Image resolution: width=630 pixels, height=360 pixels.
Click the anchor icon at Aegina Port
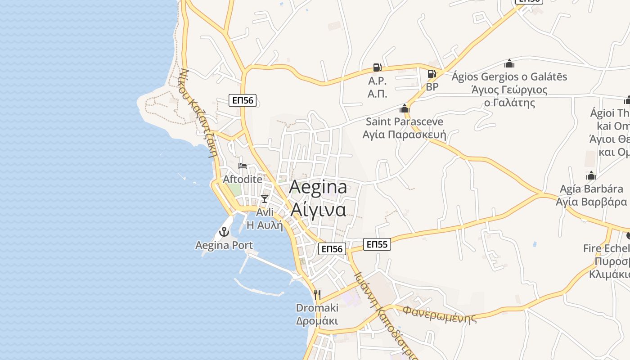tap(224, 232)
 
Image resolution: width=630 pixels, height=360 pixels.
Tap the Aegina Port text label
tap(224, 245)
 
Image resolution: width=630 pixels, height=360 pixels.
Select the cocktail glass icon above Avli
tap(265, 198)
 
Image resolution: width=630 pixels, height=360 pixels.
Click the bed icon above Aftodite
tap(243, 166)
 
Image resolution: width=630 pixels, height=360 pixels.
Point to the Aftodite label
tap(243, 179)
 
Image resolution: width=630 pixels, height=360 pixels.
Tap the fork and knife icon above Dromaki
tap(317, 295)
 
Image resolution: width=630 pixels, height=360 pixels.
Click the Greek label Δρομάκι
tap(317, 321)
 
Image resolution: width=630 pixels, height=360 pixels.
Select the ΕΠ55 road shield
tap(377, 244)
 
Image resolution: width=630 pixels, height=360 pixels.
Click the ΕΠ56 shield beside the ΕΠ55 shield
tap(332, 249)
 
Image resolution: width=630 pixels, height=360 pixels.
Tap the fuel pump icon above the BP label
tap(432, 73)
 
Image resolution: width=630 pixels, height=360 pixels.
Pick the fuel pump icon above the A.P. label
tap(377, 67)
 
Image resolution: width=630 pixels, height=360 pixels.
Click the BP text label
tap(432, 87)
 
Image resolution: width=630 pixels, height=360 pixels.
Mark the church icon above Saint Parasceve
tap(404, 108)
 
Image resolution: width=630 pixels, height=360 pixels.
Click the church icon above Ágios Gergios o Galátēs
tap(509, 63)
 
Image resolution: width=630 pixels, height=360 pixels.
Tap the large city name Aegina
tap(318, 187)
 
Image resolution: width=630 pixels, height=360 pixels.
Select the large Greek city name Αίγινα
tap(318, 209)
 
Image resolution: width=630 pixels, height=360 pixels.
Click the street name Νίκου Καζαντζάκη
tap(198, 112)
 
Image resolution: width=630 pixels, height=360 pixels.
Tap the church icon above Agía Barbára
tap(591, 175)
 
